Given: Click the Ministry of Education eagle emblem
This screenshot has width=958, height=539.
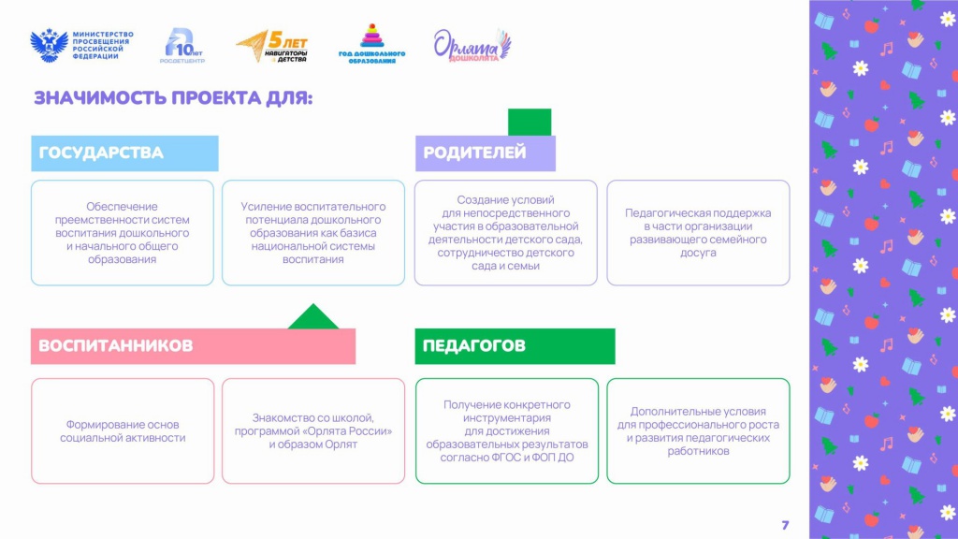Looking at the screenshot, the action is [x=49, y=45].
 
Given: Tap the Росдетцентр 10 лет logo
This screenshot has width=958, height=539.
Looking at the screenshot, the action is [x=182, y=45].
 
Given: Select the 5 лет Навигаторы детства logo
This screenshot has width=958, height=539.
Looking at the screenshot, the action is [x=272, y=47].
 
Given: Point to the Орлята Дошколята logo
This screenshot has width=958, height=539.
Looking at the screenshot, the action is [x=472, y=45].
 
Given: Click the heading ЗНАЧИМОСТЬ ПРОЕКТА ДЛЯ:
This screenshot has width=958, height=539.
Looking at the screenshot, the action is [x=173, y=97].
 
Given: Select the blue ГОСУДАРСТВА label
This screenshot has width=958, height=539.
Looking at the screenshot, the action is [x=124, y=153].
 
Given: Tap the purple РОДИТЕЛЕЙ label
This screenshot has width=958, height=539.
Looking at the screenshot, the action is [x=486, y=153].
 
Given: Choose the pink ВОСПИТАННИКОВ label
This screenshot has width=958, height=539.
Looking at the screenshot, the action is [x=193, y=346].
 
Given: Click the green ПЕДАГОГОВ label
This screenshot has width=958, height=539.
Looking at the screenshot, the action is [x=515, y=346].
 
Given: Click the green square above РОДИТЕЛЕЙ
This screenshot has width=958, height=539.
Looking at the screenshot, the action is [x=530, y=123].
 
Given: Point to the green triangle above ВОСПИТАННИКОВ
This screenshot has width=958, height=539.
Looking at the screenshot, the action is [x=312, y=317].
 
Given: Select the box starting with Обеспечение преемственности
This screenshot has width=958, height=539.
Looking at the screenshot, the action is [x=123, y=233].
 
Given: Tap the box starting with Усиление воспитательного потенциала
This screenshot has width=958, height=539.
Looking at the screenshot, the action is [x=313, y=233].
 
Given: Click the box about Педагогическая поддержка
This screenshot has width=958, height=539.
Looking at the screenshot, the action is [x=698, y=233].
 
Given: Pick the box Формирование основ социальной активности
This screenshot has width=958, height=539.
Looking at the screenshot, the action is [x=123, y=430].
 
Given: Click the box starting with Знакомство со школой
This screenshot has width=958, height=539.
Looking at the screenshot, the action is [x=313, y=430].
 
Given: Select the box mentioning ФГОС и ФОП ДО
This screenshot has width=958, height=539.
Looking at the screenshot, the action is [x=507, y=430].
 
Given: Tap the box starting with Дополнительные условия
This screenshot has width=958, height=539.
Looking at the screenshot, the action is [x=698, y=430].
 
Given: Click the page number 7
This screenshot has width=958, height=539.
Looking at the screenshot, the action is [x=785, y=525].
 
